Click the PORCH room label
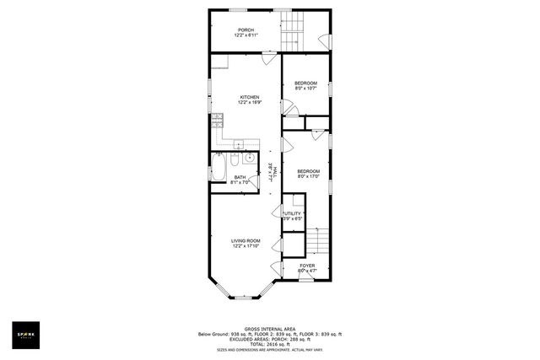coord(246,30)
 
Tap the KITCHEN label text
coord(249,97)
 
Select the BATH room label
coord(240,176)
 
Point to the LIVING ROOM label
coord(246,240)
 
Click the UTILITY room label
coord(291,214)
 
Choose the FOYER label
coord(307,266)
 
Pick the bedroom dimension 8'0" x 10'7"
coord(305,88)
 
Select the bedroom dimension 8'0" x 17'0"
coord(308,177)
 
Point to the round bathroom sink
coord(250,159)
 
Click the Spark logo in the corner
coord(27,334)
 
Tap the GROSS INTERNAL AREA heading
coord(269,329)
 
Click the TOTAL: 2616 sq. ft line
coord(269,344)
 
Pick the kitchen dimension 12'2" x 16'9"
coord(249,103)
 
